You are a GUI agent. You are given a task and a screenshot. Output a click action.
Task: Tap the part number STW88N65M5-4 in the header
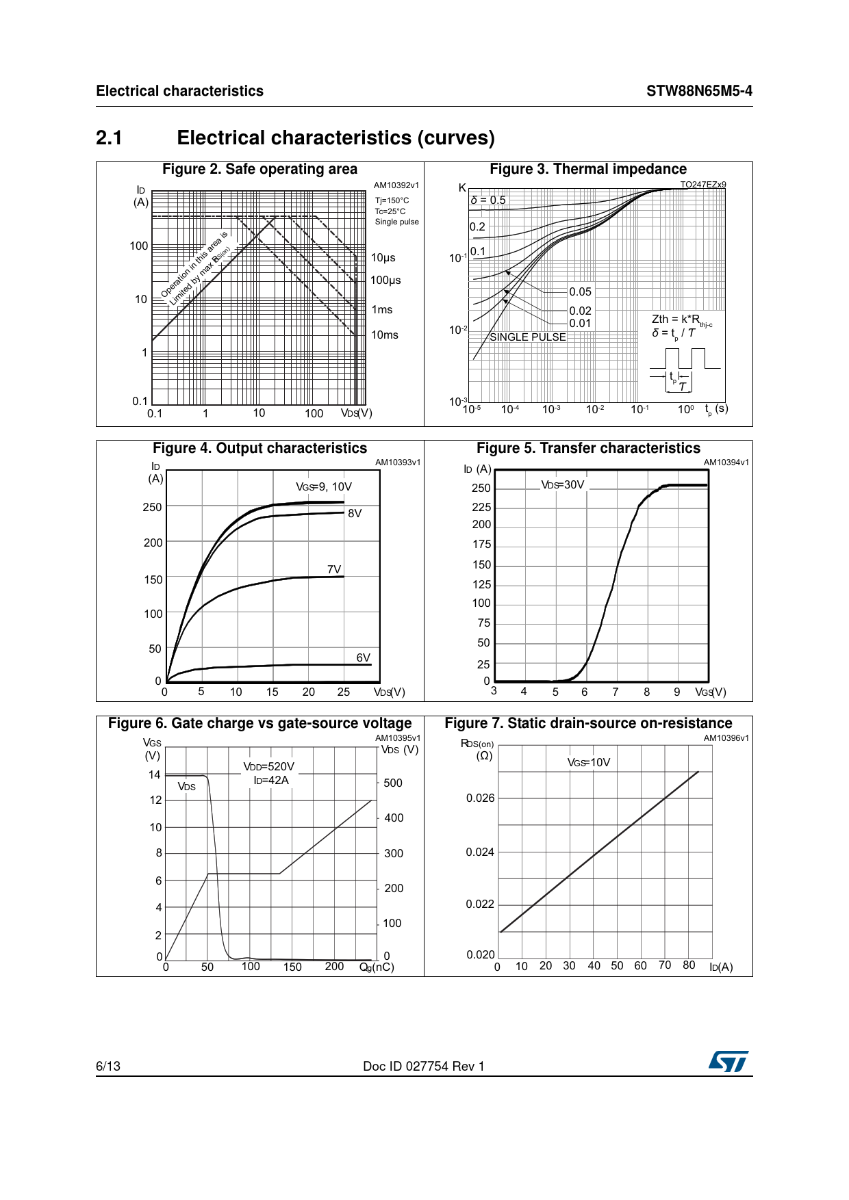tap(699, 91)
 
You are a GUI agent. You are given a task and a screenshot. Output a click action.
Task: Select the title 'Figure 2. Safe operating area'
tap(259, 169)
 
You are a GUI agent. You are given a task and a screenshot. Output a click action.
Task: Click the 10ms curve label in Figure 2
tap(385, 335)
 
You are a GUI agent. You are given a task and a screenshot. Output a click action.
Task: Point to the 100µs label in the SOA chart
tap(385, 280)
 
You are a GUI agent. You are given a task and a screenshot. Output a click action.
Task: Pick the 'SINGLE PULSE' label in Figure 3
tap(528, 337)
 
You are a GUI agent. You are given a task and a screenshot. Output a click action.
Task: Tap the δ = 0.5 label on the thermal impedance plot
tap(488, 200)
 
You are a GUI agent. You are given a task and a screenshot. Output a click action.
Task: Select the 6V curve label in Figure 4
tap(363, 657)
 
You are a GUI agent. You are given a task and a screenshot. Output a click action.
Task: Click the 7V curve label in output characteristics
tap(334, 569)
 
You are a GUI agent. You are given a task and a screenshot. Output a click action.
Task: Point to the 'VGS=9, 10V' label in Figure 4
tap(324, 486)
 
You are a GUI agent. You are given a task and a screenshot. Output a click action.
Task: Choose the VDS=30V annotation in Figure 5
tap(563, 484)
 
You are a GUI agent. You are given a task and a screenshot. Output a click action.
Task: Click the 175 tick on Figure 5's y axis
tap(481, 544)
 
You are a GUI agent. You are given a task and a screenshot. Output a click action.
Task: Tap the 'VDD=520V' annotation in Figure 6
tap(269, 766)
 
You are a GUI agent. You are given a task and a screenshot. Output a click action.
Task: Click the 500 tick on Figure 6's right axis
tap(393, 783)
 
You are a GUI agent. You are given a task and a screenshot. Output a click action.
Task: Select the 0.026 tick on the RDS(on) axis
tap(480, 798)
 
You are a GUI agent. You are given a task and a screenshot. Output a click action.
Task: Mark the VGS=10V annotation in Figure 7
tap(589, 762)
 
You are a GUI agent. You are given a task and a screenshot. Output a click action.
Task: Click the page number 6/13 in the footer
tap(108, 1066)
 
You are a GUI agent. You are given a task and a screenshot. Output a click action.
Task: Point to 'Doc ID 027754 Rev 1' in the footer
tap(424, 1066)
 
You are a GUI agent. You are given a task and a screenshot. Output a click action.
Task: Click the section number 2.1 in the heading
tap(110, 138)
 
